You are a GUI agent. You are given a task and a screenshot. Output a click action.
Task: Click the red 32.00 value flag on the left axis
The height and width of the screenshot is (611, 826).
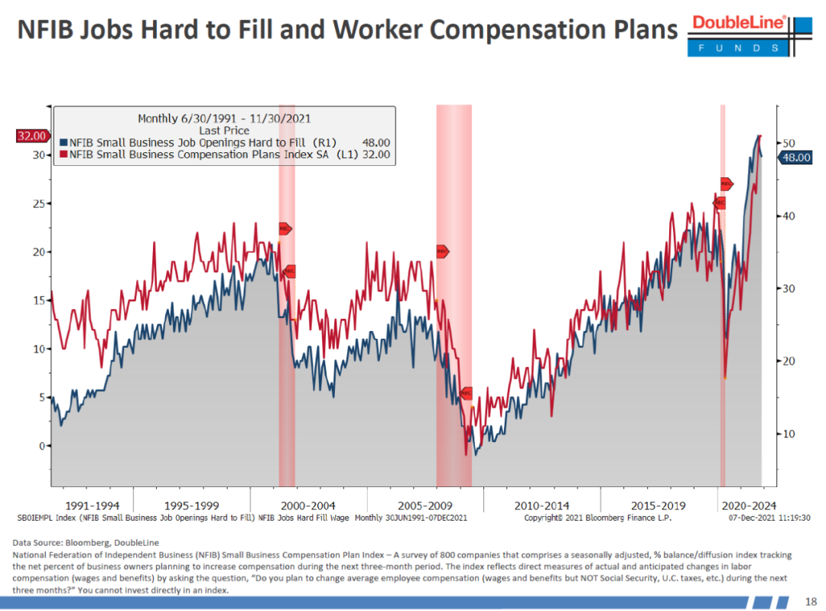coord(31,136)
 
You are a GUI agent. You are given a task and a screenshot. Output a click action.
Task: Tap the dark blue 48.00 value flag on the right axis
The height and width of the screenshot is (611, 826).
coord(796,158)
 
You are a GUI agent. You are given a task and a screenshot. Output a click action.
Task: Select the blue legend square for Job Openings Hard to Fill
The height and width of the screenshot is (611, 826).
coord(63,142)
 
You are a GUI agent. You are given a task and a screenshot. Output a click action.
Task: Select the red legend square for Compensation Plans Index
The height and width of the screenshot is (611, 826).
coord(63,154)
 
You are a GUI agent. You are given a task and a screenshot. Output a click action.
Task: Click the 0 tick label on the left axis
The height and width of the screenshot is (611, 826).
coord(43,446)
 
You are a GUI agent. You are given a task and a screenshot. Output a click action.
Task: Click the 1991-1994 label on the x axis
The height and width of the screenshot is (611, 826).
coord(93,505)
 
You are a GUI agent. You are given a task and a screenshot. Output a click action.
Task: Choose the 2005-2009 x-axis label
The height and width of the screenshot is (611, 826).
coord(424,505)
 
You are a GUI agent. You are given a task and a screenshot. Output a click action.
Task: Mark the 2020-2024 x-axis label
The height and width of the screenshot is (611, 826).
coord(750,505)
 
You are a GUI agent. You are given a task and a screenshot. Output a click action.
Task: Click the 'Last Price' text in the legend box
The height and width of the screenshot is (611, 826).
coord(223,131)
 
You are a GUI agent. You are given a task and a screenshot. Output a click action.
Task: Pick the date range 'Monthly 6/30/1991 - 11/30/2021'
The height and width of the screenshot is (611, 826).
coord(223,119)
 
